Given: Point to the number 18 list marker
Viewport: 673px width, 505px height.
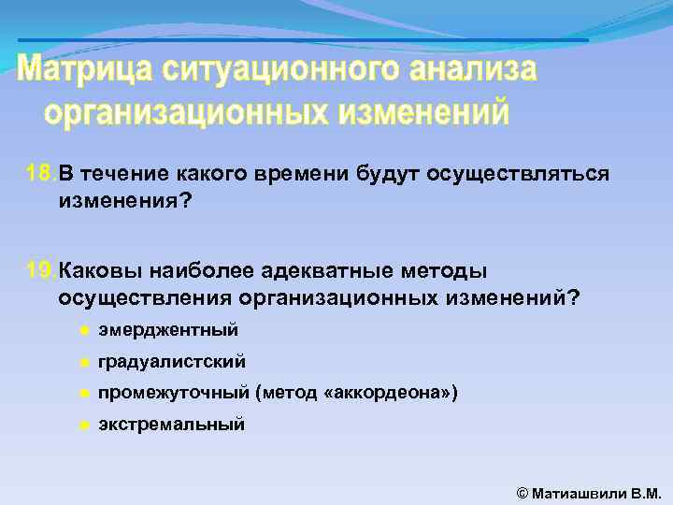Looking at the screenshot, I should point(40,173).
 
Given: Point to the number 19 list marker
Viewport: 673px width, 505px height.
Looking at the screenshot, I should point(40,271).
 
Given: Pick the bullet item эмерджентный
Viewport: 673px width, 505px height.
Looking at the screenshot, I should point(168,330).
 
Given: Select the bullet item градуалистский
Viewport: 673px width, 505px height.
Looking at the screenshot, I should point(172,361).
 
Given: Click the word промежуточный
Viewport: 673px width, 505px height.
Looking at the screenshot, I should point(174,393).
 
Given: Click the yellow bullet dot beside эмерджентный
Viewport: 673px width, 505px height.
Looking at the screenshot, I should point(83,330).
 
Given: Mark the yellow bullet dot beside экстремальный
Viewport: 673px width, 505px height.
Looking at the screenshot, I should point(83,424).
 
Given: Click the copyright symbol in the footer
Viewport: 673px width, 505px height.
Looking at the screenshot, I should point(523,492).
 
